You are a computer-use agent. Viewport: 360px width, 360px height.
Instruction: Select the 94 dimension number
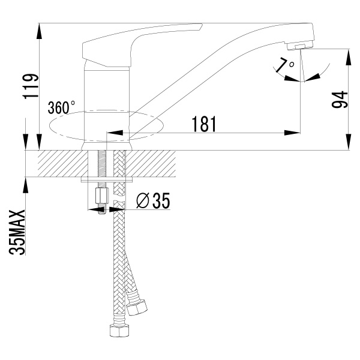340,100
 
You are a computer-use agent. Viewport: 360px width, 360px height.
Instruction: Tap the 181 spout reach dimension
204,124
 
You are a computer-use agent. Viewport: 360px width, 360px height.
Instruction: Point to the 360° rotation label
61,108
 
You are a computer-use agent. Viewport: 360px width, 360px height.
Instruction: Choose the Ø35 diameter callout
153,202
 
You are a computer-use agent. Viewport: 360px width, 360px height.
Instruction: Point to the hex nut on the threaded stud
100,196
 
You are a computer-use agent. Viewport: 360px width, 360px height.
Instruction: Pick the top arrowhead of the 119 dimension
39,28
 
